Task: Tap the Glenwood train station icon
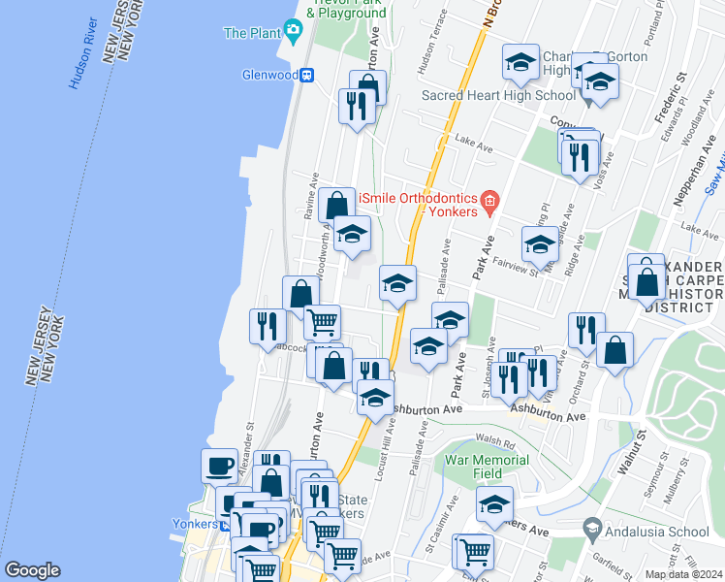click(306, 75)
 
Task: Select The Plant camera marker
click(293, 33)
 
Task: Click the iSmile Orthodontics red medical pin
click(490, 203)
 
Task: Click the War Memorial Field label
click(475, 467)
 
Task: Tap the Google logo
click(32, 569)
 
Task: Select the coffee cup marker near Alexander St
click(219, 466)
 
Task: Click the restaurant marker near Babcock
click(268, 326)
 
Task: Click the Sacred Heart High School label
click(485, 95)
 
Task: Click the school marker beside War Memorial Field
click(494, 504)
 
